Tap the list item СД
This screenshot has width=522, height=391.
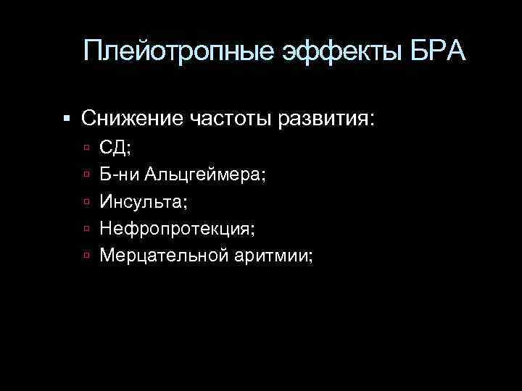pos(115,148)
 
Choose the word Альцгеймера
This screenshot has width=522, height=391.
pos(204,175)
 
